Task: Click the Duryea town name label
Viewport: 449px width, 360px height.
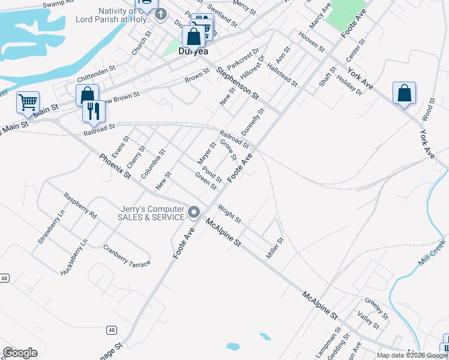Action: pos(193,52)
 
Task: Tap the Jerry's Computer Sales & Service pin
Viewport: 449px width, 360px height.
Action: pos(194,212)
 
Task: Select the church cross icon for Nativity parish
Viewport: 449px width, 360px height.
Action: pos(160,14)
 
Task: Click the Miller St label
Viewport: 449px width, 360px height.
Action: pos(274,244)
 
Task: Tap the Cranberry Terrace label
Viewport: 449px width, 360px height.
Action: pos(126,255)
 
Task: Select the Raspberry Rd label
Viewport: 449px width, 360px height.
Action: pos(80,205)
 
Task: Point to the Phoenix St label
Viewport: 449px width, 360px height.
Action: pos(115,166)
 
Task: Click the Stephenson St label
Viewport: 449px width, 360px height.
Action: pos(238,83)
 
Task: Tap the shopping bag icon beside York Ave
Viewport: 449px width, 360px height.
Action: pos(404,94)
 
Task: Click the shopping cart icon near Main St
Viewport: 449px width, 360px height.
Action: pos(28,103)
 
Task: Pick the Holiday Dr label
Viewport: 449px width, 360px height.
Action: pos(349,85)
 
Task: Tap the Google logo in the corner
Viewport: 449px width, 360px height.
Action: pos(20,352)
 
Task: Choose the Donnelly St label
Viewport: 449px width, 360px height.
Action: pos(253,122)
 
